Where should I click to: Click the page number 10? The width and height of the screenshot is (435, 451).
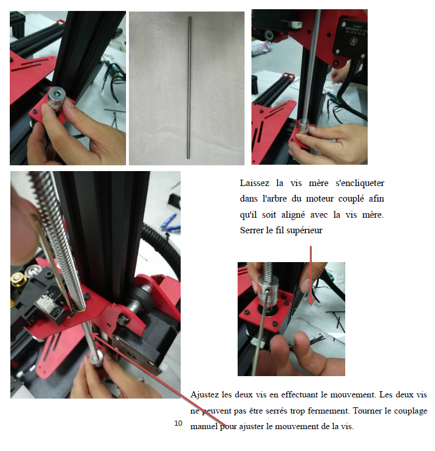[178, 423]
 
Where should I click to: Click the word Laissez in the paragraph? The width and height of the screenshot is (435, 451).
[254, 183]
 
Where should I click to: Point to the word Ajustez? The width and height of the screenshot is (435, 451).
[205, 395]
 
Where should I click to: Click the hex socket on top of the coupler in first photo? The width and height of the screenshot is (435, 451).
[55, 94]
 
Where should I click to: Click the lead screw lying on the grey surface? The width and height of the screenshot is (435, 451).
[189, 88]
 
